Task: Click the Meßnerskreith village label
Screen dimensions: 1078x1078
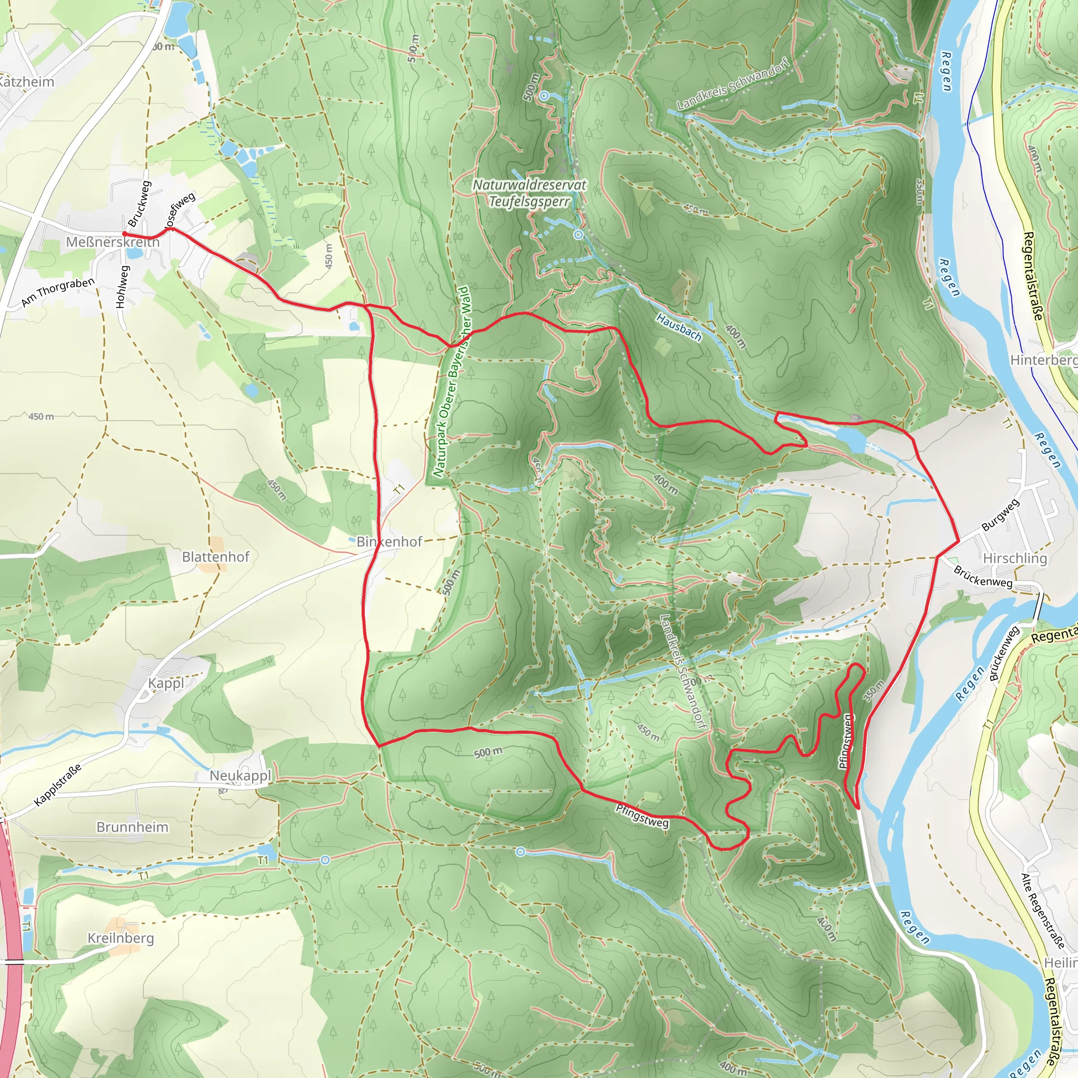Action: (113, 242)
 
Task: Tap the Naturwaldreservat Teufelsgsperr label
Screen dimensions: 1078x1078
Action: (529, 193)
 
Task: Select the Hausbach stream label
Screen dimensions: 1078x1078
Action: (678, 327)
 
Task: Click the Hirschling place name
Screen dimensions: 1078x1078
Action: (1015, 558)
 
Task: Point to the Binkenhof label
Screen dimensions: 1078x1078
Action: (390, 542)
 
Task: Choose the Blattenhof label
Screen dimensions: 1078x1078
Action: (215, 557)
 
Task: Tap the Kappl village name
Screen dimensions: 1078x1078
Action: (166, 684)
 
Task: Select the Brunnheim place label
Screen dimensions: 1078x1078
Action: (132, 827)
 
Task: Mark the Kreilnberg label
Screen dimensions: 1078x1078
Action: (121, 938)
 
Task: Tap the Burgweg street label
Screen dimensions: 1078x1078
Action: (1001, 515)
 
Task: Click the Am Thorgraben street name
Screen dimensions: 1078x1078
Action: (58, 292)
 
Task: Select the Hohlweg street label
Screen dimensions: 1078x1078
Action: (122, 287)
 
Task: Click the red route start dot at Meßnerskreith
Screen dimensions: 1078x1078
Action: (124, 234)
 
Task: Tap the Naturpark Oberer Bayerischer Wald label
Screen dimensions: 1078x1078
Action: (453, 382)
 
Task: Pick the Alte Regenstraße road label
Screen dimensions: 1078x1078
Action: (1042, 911)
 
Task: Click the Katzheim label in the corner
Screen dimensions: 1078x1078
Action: (26, 82)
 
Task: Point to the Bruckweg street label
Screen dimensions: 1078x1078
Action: (139, 204)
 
